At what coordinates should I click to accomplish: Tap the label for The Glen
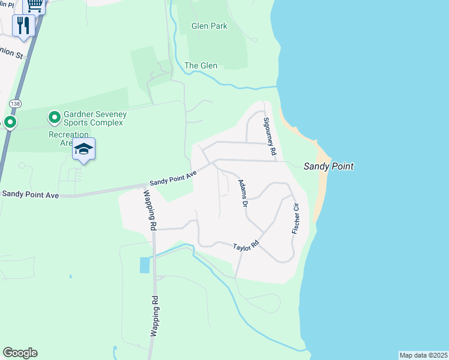[200, 66]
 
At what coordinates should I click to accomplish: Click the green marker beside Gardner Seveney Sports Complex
[53, 116]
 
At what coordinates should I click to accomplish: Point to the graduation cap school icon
[83, 149]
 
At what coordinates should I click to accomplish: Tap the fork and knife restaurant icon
[23, 25]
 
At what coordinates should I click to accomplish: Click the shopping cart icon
[35, 5]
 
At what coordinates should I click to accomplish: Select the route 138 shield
[14, 103]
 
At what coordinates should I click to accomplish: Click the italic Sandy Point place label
[328, 166]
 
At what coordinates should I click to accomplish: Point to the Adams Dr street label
[243, 194]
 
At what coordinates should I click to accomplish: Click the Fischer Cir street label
[295, 218]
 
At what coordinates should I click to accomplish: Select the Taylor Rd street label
[246, 247]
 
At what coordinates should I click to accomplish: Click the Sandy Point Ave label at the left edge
[30, 194]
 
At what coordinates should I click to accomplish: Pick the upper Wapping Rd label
[150, 210]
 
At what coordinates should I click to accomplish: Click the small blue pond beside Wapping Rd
[145, 265]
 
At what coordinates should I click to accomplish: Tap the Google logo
[20, 353]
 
